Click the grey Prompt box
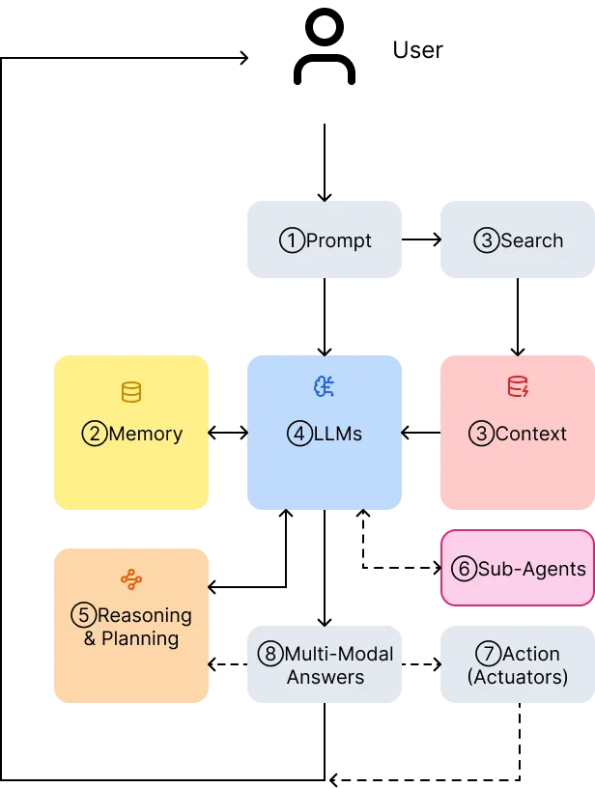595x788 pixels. coord(325,239)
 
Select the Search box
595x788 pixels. coord(518,239)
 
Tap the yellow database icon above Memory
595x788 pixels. coord(131,392)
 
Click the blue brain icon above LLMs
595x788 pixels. coord(325,387)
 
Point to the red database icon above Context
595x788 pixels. coord(518,387)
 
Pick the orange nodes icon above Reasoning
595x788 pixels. coord(131,579)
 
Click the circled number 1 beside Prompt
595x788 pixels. coord(292,240)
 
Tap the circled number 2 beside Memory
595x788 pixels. coord(95,434)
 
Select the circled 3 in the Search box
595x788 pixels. coord(486,240)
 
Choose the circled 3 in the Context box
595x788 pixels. coord(481,434)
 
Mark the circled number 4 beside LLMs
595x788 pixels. coord(299,434)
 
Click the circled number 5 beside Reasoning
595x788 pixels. coord(83,615)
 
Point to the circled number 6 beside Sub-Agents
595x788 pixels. coord(464,569)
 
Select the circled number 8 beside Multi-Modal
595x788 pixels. coord(270,654)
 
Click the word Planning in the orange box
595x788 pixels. coord(140,638)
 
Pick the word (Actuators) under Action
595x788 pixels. coord(518,677)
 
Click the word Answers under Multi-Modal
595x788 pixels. coord(325,677)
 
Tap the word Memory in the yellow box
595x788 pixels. coord(146,434)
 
